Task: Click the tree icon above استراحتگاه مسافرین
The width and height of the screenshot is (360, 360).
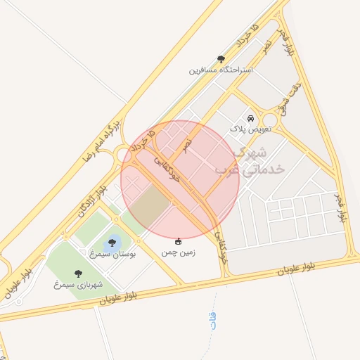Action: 221,60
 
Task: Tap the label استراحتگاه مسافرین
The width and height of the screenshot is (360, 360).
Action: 221,70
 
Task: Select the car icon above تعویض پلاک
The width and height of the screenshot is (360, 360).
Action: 250,119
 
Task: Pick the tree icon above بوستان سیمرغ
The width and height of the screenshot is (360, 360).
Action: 112,243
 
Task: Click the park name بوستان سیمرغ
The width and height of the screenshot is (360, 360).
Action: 112,252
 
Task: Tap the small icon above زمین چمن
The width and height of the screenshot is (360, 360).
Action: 178,241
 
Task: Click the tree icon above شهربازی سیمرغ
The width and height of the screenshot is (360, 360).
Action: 77,274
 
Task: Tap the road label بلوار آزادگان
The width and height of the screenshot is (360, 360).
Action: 91,198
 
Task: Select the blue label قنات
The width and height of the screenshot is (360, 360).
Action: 213,321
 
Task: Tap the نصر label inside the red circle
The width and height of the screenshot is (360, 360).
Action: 186,144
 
